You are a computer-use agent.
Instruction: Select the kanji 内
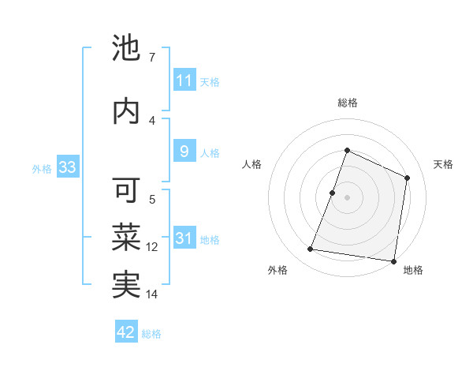[126, 112]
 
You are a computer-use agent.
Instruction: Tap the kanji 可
[126, 191]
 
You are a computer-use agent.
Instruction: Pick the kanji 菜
[126, 237]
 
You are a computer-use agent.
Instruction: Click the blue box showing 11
[184, 81]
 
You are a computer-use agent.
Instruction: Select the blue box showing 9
[184, 152]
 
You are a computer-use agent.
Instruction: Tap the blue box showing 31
[184, 238]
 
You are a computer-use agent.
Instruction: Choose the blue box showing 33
[66, 167]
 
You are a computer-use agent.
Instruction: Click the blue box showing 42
[126, 332]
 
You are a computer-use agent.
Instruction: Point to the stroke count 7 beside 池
[151, 58]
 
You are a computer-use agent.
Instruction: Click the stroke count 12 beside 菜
[152, 247]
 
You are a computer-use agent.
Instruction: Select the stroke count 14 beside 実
[152, 294]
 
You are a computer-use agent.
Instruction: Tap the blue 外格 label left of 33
[41, 168]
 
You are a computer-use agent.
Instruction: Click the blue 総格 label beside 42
[151, 334]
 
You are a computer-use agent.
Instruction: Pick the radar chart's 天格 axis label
[443, 164]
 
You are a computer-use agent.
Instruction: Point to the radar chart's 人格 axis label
[251, 164]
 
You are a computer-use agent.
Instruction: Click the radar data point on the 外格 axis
[311, 249]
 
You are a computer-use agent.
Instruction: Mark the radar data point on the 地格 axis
[393, 260]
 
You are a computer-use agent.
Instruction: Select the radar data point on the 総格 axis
[347, 151]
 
